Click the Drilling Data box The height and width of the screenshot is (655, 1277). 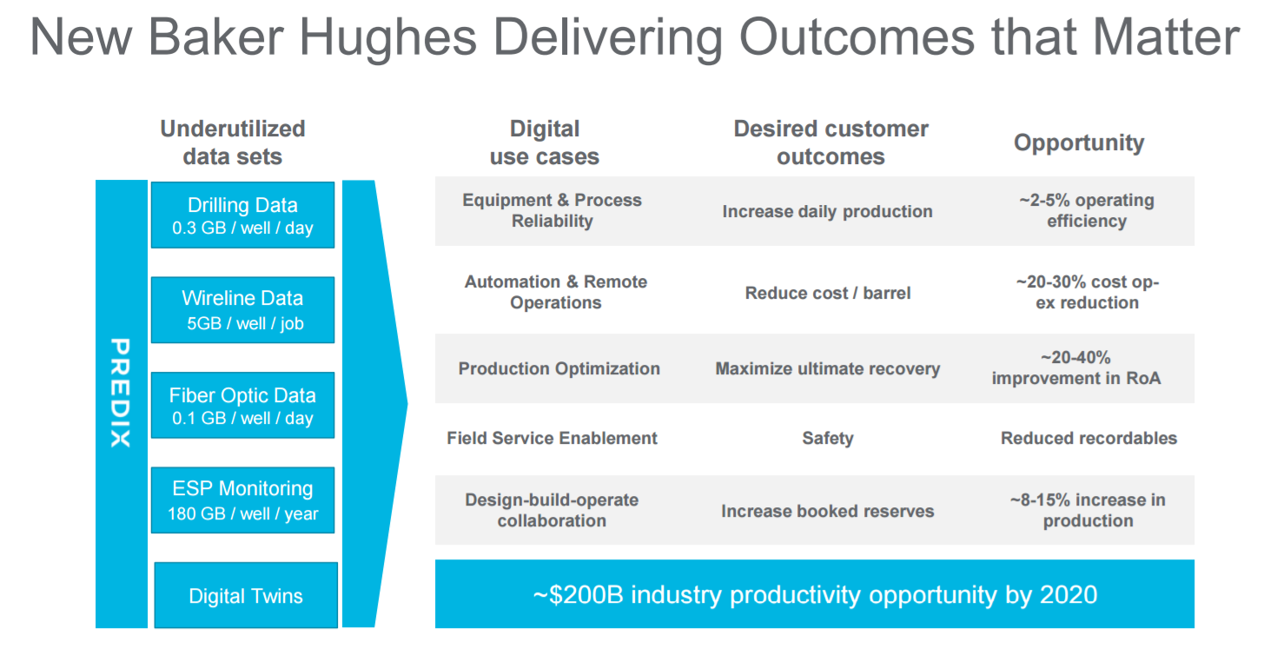[x=242, y=215]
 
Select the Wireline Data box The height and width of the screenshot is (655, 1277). [x=242, y=309]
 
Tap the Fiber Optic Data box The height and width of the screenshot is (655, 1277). [x=242, y=405]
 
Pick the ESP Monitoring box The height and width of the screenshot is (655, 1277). [x=242, y=500]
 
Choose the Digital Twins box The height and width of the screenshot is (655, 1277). [x=246, y=595]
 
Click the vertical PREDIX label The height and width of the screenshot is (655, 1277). [x=121, y=393]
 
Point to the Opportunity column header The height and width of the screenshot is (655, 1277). [x=1079, y=142]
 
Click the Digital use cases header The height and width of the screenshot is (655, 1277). [x=545, y=142]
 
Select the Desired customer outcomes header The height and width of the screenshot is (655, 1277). [x=830, y=142]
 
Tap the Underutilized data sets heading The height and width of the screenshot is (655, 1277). [x=233, y=142]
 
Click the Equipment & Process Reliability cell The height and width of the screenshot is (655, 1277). [x=552, y=210]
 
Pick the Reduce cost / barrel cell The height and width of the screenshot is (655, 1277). [x=828, y=293]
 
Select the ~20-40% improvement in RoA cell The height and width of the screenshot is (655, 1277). [x=1075, y=367]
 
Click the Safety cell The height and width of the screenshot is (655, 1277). [x=828, y=438]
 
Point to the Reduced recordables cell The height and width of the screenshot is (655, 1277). [x=1088, y=438]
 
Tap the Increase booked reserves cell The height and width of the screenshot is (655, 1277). [x=828, y=511]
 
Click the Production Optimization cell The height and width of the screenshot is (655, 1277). [x=559, y=369]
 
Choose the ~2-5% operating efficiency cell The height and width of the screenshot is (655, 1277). [x=1087, y=210]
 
